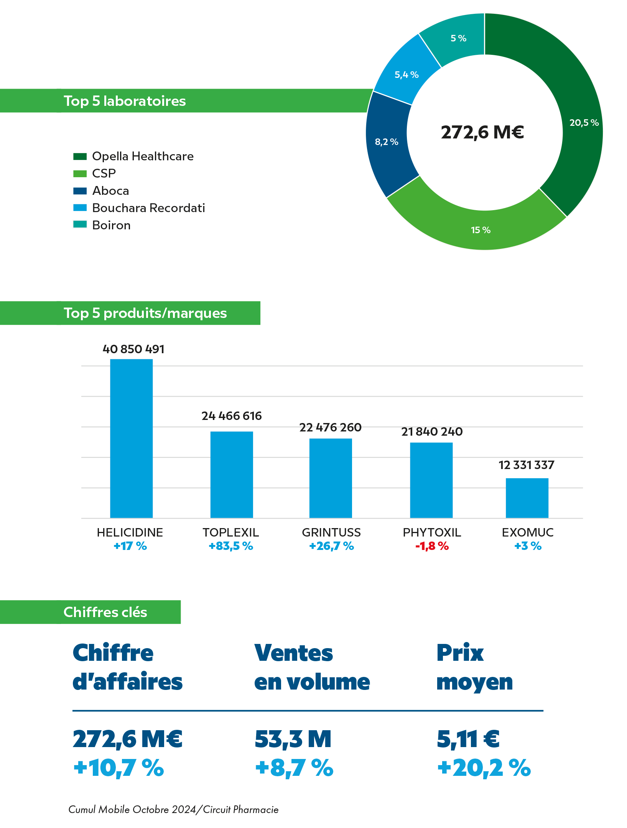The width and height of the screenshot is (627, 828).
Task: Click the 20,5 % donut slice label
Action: pyautogui.click(x=584, y=123)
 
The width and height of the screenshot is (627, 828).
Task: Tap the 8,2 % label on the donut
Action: pyautogui.click(x=387, y=142)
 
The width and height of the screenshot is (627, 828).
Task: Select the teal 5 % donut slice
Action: pyautogui.click(x=456, y=38)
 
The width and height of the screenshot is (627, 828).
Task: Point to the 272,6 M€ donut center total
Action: pyautogui.click(x=482, y=132)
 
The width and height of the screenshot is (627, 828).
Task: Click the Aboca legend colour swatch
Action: pyautogui.click(x=80, y=191)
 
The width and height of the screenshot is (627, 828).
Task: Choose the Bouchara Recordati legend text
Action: pyautogui.click(x=148, y=208)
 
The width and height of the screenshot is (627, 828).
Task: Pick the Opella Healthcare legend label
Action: pyautogui.click(x=143, y=156)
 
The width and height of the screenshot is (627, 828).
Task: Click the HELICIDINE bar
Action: pyautogui.click(x=131, y=438)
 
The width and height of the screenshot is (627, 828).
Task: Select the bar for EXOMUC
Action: pyautogui.click(x=527, y=498)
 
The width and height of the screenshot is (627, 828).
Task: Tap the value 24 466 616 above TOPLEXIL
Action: pyautogui.click(x=232, y=416)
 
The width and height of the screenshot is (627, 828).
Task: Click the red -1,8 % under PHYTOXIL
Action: pyautogui.click(x=432, y=546)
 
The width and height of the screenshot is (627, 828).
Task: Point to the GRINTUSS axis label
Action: pyautogui.click(x=331, y=532)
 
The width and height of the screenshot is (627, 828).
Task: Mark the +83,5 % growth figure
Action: pyautogui.click(x=231, y=546)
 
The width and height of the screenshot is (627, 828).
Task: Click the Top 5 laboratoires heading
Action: pyautogui.click(x=125, y=101)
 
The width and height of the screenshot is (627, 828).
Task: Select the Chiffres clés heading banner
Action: pyautogui.click(x=105, y=612)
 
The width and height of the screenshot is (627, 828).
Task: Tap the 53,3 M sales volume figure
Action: pyautogui.click(x=293, y=739)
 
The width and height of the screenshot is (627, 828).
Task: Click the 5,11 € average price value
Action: pyautogui.click(x=468, y=739)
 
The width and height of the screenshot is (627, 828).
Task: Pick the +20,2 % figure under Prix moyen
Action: pyautogui.click(x=484, y=768)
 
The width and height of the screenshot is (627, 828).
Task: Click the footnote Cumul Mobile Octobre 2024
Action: pyautogui.click(x=173, y=809)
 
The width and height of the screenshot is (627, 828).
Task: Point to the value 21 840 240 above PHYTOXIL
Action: pyautogui.click(x=432, y=432)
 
